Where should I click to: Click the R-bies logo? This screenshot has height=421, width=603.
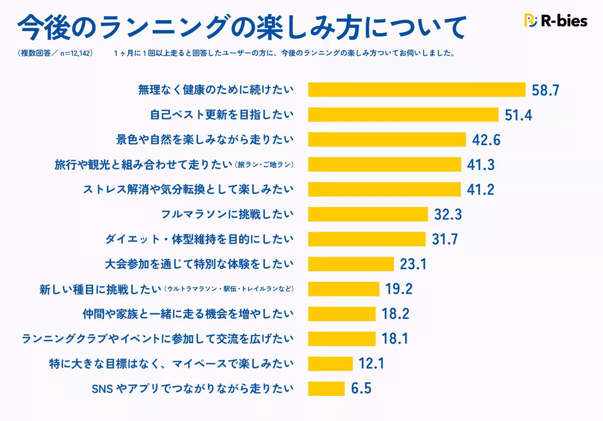click(555, 21)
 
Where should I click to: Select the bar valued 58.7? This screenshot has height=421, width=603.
click(417, 90)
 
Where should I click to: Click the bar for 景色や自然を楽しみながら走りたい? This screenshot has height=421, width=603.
click(387, 139)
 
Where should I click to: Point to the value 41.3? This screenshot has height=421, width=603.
click(480, 164)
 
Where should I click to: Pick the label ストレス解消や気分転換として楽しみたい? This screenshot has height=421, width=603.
click(187, 189)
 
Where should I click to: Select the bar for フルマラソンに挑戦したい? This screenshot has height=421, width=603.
click(367, 214)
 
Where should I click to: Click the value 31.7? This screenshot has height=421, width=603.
click(445, 239)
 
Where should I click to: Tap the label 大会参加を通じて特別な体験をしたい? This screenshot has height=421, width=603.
click(199, 264)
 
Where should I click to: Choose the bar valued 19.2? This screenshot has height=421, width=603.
click(343, 289)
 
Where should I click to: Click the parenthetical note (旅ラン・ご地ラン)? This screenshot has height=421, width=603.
click(264, 165)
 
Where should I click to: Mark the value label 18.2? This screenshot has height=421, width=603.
click(395, 314)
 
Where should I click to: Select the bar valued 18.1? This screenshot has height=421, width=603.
click(342, 339)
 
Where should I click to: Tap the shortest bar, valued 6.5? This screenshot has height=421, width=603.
click(326, 388)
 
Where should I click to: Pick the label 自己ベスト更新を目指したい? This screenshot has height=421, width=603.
click(222, 115)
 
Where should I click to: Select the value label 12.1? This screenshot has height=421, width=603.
click(371, 363)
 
